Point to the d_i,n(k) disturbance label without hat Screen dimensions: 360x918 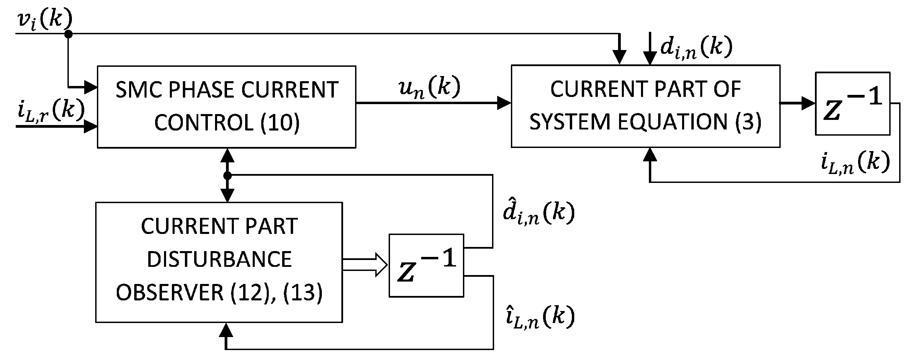pos(696,47)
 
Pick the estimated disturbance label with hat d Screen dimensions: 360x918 pos(539,213)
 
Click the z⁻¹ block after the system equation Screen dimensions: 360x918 pos(853,104)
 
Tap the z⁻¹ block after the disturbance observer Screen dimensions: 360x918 pos(426,265)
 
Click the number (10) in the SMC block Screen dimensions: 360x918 pos(280,122)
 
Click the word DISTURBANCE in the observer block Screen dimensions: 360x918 pos(219,259)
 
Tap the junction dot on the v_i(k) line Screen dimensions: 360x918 pos(68,34)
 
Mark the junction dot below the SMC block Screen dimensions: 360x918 pos(227,175)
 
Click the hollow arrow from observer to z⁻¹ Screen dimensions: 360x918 pos(365,265)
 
